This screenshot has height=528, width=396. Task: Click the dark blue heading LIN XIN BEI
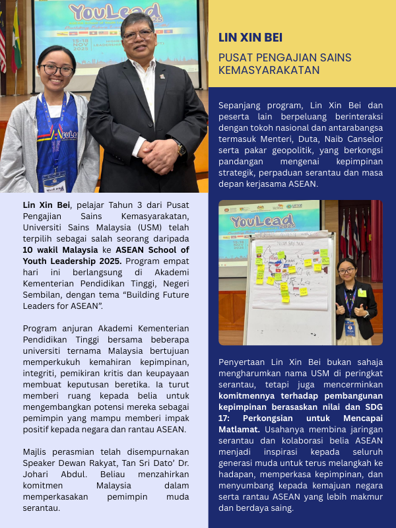pos(250,38)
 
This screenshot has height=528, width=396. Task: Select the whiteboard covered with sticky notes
pos(290,287)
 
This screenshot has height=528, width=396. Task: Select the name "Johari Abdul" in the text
pos(51,474)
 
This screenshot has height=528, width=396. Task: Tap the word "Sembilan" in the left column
pos(43,294)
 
